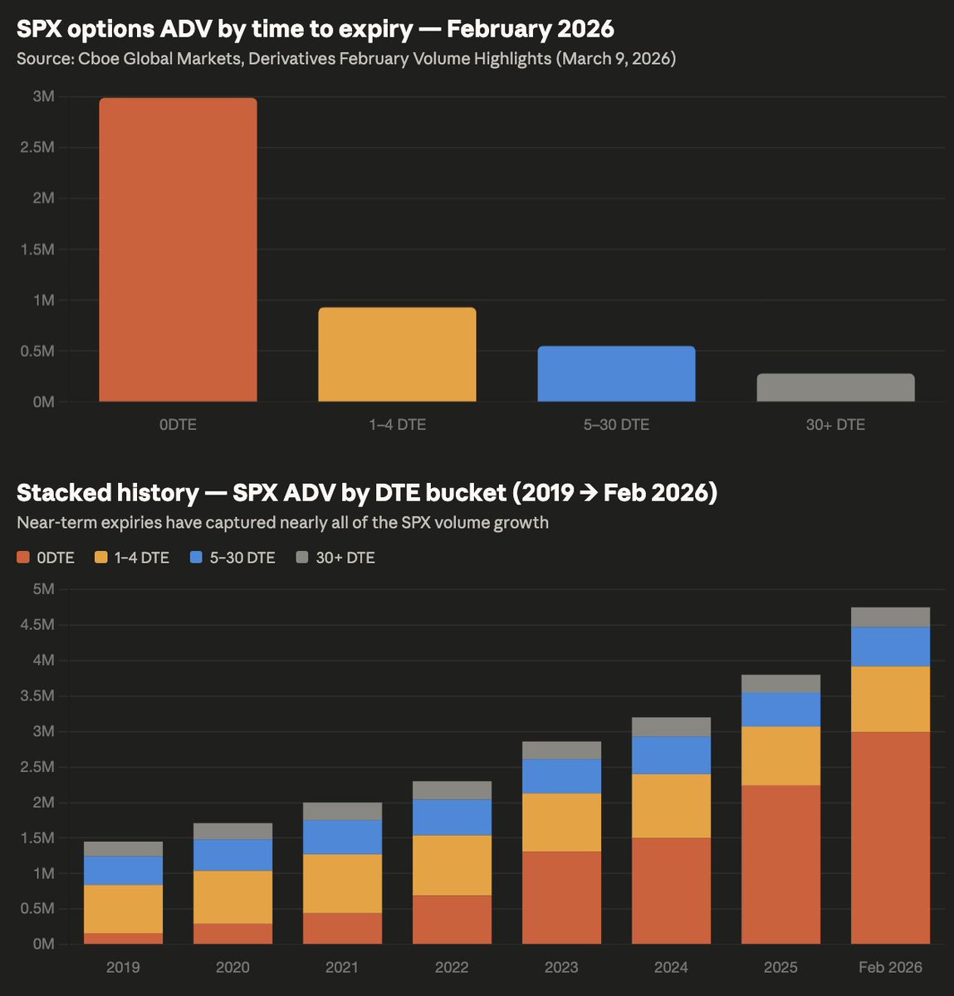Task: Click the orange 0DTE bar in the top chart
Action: coord(178,249)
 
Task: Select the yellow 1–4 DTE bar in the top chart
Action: coord(397,354)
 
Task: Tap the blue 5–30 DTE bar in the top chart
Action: coord(616,373)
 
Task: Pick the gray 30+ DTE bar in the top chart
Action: coord(835,388)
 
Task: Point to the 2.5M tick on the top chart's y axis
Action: coord(37,148)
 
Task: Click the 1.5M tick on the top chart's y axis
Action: coord(37,250)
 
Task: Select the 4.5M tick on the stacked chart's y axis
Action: coord(37,625)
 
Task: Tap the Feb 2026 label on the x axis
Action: coord(890,967)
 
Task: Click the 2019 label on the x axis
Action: coord(123,967)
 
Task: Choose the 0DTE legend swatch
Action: coord(23,558)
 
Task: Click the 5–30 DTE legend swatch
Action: coord(197,558)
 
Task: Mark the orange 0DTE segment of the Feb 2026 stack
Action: coord(890,838)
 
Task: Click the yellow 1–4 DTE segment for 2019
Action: coord(123,909)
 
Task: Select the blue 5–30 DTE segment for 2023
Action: coord(561,776)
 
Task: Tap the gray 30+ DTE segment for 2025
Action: coord(780,684)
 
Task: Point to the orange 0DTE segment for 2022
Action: coord(452,920)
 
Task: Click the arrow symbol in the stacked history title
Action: coord(589,493)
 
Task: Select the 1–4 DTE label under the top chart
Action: coord(397,424)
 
